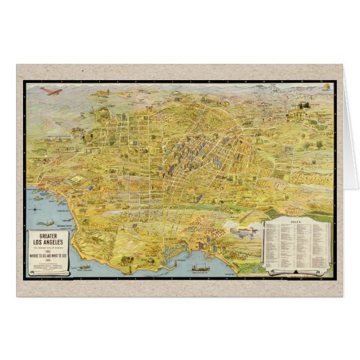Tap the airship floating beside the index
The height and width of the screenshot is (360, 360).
coord(245,232)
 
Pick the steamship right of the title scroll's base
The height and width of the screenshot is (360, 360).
coord(86,268)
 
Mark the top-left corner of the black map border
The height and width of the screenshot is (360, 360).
coord(24,82)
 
